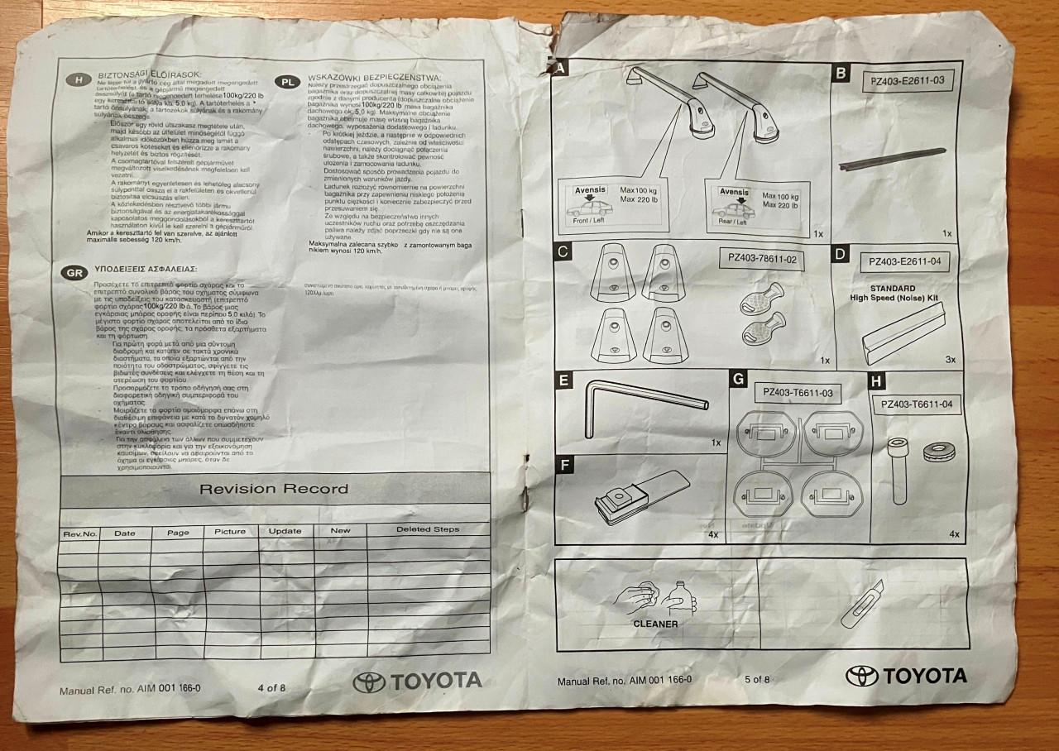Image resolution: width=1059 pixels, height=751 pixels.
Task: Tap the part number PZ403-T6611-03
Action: (798, 393)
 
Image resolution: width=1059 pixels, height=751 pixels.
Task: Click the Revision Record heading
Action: (274, 489)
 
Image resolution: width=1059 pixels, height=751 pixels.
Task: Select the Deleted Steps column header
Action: (428, 529)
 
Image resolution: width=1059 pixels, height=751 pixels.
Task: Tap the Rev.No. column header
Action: (80, 533)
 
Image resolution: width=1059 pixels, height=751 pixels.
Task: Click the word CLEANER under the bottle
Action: (655, 624)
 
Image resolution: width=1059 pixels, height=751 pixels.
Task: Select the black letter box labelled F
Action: (564, 465)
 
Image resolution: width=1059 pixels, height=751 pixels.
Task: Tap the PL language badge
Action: (287, 83)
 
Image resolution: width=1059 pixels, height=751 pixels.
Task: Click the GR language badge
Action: (73, 271)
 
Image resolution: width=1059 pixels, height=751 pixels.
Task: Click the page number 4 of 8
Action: (271, 686)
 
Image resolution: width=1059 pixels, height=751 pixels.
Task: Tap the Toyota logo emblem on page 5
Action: (861, 676)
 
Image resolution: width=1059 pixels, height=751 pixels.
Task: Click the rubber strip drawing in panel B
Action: (891, 159)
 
